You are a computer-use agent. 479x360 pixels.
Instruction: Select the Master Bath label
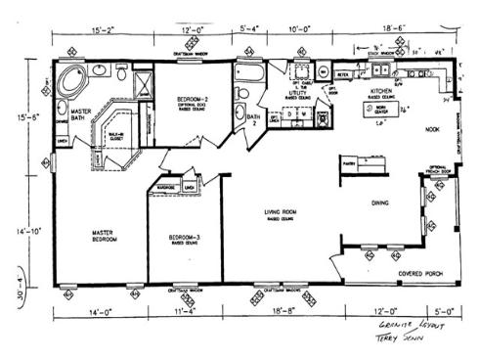coord(82,119)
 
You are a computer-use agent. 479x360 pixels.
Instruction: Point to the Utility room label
coord(297,94)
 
